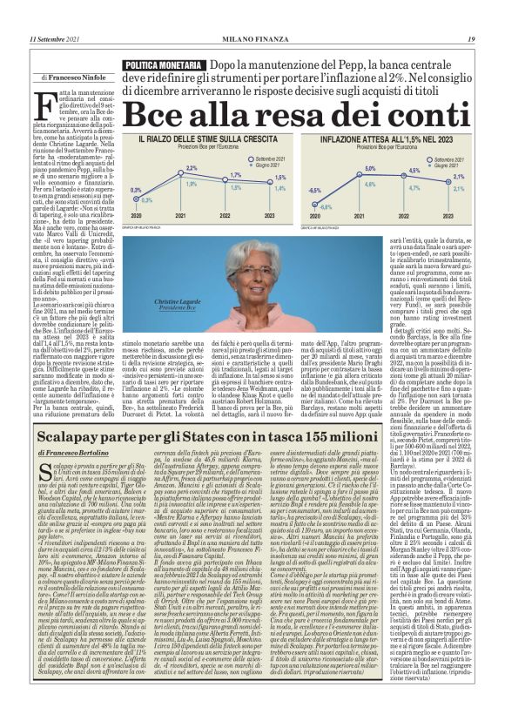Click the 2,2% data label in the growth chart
click(x=192, y=168)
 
